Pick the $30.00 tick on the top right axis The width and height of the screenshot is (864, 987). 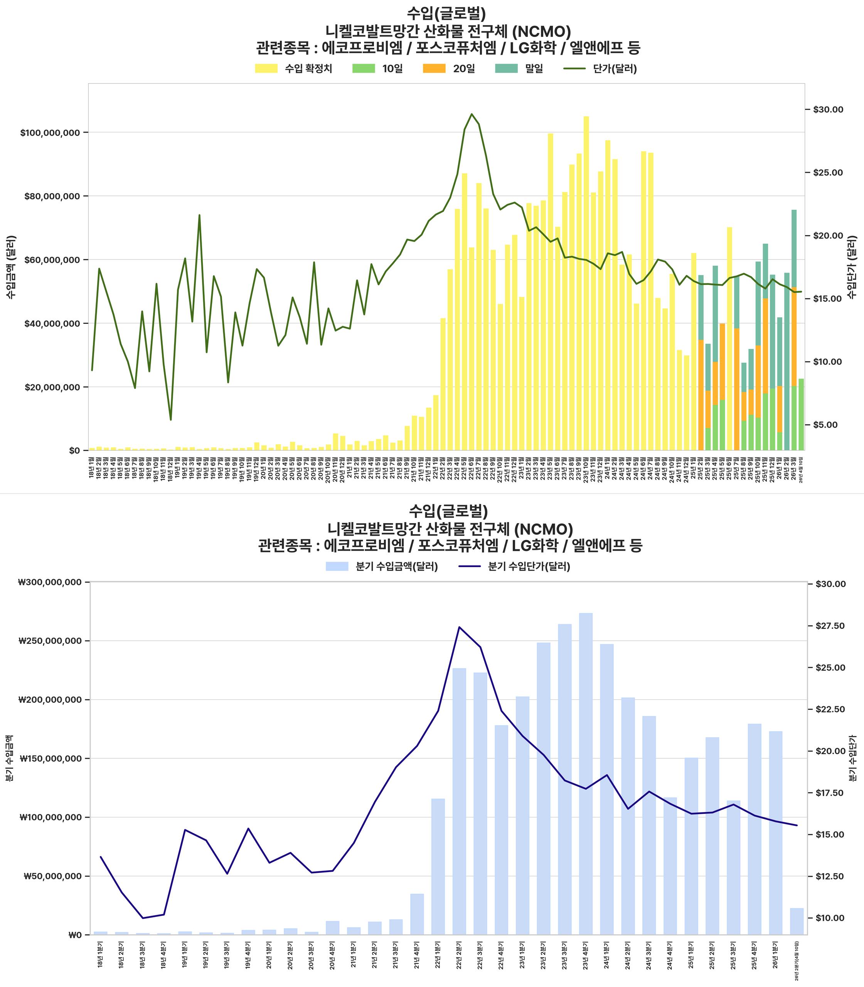click(x=828, y=110)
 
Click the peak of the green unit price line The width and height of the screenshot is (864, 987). click(x=472, y=114)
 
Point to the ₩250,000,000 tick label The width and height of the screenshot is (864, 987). click(x=50, y=641)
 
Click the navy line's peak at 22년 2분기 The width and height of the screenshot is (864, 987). click(x=459, y=627)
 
